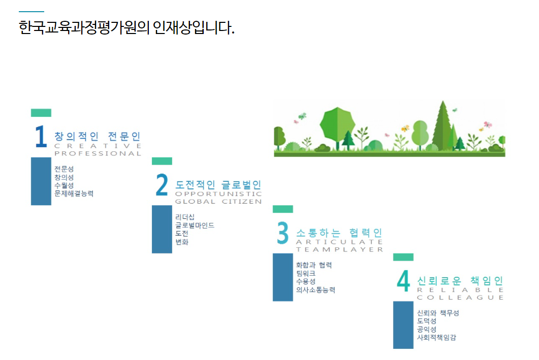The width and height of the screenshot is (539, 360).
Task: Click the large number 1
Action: point(41,136)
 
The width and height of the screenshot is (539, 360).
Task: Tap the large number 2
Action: point(162,184)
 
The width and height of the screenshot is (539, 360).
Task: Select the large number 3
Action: point(283,233)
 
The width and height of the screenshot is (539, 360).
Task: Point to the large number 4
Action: point(403,281)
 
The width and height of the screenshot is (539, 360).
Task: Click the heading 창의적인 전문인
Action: point(97,136)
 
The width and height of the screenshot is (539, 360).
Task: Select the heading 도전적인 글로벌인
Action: point(218,185)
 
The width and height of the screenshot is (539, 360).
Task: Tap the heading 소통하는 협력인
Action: point(339,233)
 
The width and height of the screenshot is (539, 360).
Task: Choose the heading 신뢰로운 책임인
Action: point(460,281)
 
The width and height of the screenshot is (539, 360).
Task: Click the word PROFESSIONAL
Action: point(98,153)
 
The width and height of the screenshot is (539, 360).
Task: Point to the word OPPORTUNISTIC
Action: point(218,193)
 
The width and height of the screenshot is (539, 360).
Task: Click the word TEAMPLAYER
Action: point(339,249)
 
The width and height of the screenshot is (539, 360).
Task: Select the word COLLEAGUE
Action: point(460,298)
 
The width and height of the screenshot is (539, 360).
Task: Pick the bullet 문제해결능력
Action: point(74,193)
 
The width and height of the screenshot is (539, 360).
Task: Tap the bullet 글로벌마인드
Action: point(195,225)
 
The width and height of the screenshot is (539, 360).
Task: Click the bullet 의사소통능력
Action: point(315,290)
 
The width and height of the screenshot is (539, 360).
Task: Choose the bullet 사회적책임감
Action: point(436,338)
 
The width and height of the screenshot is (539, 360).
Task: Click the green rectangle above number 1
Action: point(41,113)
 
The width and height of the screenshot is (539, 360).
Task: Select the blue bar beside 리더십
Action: point(162,229)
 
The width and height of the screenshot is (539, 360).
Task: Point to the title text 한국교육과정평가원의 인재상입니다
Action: point(126,27)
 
